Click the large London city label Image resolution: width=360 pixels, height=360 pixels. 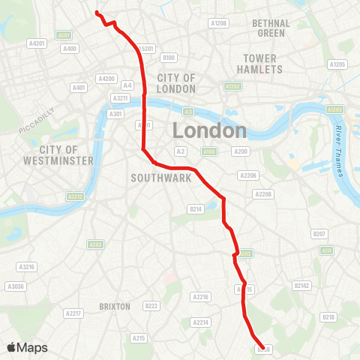(x=209, y=130)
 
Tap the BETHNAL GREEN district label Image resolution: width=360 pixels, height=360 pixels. (x=271, y=28)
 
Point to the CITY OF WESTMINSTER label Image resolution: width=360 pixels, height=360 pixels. (x=67, y=155)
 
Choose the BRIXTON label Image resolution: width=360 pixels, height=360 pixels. (x=115, y=306)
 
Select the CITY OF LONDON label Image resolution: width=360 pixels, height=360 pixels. (x=176, y=83)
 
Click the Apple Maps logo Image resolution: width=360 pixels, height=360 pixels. (x=27, y=347)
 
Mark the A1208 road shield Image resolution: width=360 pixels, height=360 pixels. (x=218, y=23)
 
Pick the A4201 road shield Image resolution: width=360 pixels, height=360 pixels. (x=37, y=43)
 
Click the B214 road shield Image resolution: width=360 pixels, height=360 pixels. (x=196, y=208)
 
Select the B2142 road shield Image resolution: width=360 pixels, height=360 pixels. (x=301, y=285)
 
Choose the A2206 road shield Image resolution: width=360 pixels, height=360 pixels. (x=247, y=175)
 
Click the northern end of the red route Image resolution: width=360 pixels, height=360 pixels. (x=96, y=13)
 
